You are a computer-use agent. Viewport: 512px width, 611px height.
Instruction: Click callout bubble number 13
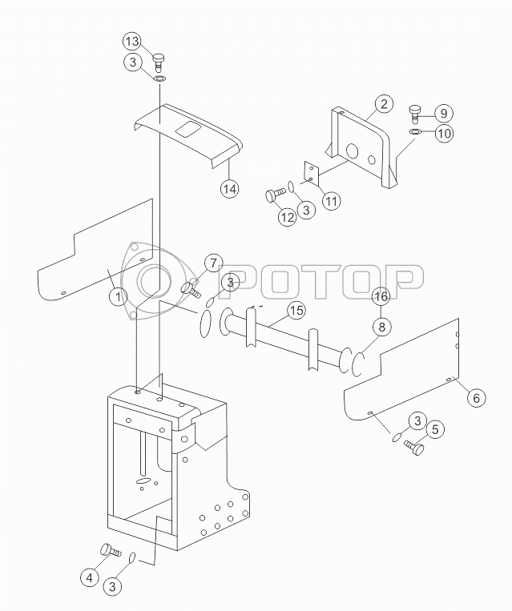[132, 42]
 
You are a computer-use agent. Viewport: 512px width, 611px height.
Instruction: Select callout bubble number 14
[230, 189]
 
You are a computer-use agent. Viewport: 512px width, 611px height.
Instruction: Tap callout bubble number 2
[384, 103]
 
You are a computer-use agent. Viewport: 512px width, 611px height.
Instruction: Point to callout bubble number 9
[444, 114]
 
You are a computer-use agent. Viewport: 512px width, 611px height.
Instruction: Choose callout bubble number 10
[444, 134]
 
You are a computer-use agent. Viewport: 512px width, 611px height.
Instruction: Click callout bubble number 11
[331, 201]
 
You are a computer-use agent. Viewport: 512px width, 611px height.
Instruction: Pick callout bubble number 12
[287, 217]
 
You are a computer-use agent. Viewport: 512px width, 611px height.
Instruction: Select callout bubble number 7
[213, 263]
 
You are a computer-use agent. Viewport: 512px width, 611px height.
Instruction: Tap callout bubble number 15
[296, 310]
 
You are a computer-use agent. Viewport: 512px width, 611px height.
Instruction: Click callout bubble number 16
[381, 296]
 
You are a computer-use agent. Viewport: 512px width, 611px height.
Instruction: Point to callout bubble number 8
[381, 327]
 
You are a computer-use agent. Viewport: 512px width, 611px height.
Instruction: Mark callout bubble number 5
[435, 429]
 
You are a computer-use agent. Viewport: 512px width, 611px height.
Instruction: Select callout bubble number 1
[118, 297]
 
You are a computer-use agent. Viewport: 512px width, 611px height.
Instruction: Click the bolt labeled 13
[159, 62]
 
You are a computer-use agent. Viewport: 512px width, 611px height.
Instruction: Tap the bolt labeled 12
[276, 195]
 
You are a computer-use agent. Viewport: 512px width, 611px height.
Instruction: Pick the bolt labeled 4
[111, 551]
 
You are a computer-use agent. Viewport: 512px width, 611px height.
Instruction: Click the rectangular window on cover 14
[189, 130]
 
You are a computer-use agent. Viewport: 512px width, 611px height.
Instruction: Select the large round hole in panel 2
[353, 151]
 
